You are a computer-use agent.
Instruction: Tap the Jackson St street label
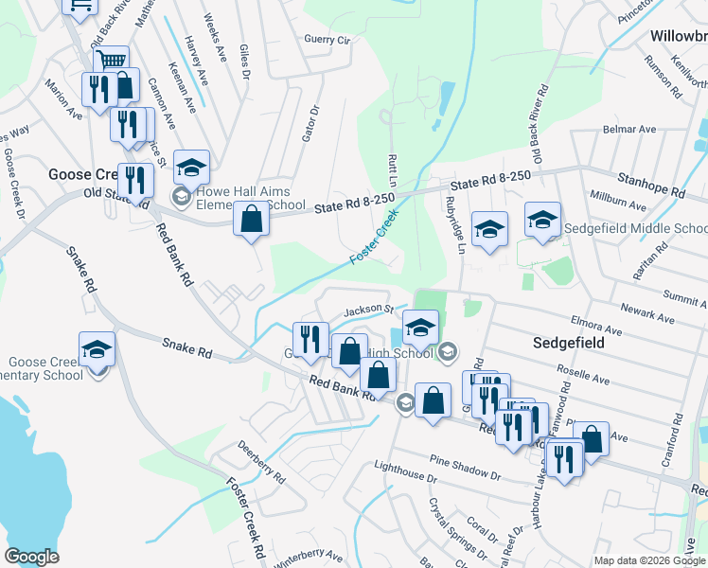pyautogui.click(x=368, y=310)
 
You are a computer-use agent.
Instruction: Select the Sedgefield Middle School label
pyautogui.click(x=635, y=228)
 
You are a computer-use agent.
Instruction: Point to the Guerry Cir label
pyautogui.click(x=327, y=41)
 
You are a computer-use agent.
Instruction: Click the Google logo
pyautogui.click(x=31, y=556)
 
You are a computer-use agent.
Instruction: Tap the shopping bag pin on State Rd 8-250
pyautogui.click(x=252, y=219)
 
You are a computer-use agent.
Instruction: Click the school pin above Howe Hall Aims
pyautogui.click(x=191, y=167)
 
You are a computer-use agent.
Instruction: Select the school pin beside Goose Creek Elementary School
pyautogui.click(x=97, y=350)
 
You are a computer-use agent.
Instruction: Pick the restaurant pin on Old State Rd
pyautogui.click(x=135, y=180)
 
